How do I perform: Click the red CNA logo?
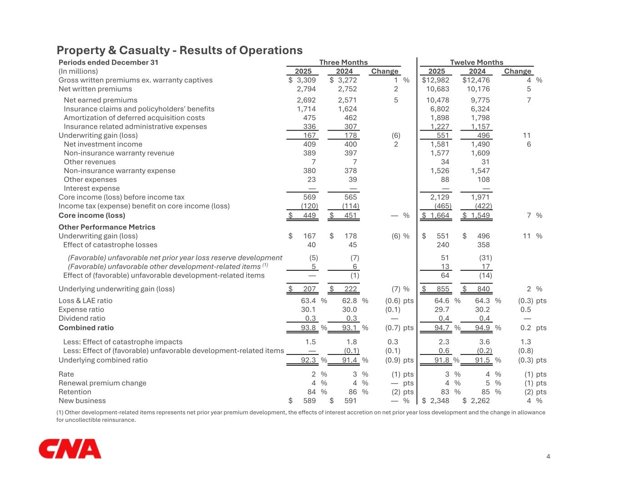(x=70, y=449)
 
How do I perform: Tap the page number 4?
(x=548, y=456)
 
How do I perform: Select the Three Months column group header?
(x=343, y=62)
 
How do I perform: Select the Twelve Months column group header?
(x=476, y=62)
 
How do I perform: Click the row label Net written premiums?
(x=95, y=89)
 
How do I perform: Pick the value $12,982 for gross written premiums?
(x=436, y=80)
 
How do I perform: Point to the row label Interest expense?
(x=91, y=188)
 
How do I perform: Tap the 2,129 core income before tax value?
(x=439, y=197)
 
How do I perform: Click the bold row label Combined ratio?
(x=86, y=328)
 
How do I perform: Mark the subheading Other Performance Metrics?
(x=107, y=227)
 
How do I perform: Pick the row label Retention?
(x=75, y=392)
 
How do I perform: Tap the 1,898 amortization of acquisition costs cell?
(x=439, y=118)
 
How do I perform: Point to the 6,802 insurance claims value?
(x=439, y=109)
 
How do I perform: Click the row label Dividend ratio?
(x=82, y=318)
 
